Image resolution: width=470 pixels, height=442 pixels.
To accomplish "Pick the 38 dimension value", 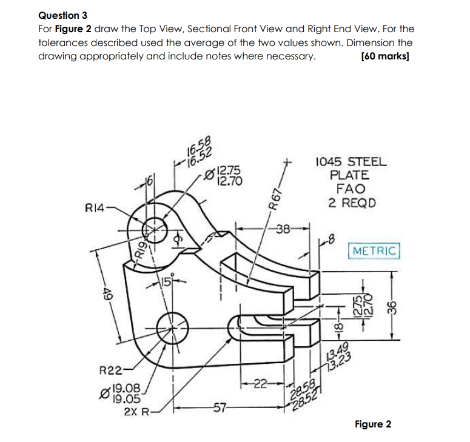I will click(283, 229).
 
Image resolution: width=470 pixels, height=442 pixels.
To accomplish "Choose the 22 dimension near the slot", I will click(260, 382).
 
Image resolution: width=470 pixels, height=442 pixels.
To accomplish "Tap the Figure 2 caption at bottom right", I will click(372, 424).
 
